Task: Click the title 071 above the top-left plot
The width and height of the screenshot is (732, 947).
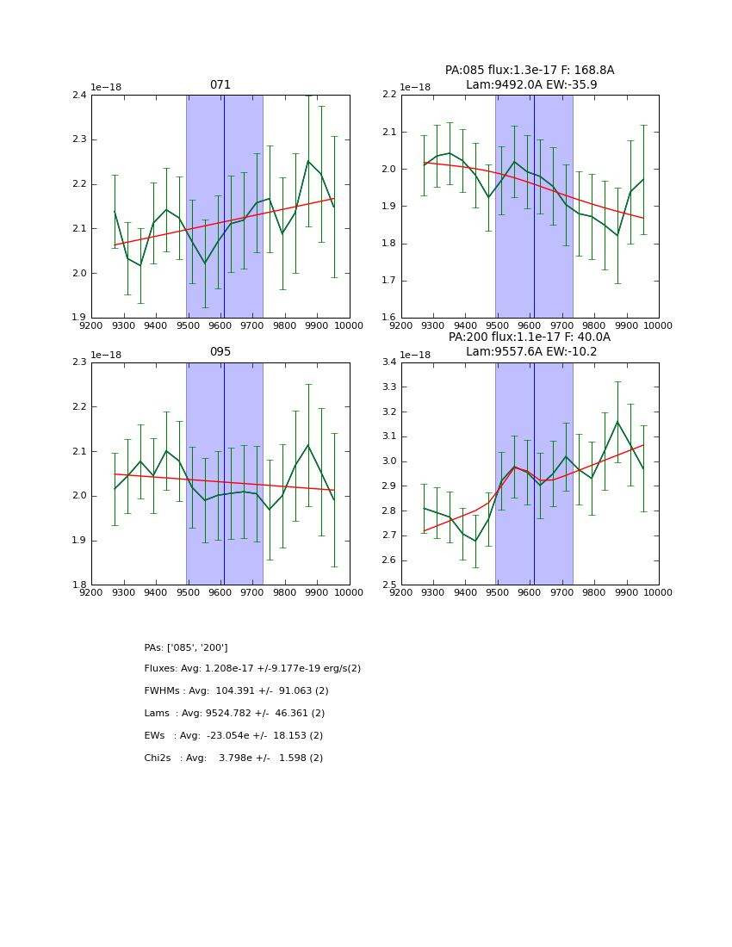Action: [x=220, y=85]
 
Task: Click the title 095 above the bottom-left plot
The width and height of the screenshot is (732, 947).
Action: [x=220, y=352]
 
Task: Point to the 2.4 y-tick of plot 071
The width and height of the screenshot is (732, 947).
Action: [x=78, y=95]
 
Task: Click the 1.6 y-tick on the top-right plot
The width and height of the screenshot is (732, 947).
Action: [x=388, y=318]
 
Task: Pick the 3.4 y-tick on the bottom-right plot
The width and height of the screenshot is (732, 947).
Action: [x=388, y=362]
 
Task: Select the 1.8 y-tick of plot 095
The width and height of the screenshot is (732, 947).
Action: [x=78, y=585]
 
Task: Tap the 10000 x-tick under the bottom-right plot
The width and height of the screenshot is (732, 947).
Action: [x=659, y=593]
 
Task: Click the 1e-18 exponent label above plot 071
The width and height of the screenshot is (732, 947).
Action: [x=107, y=87]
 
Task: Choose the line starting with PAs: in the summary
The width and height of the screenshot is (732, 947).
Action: [x=186, y=647]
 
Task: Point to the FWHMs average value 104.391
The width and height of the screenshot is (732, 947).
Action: [x=230, y=691]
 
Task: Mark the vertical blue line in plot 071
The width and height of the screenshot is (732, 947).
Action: [x=224, y=207]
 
